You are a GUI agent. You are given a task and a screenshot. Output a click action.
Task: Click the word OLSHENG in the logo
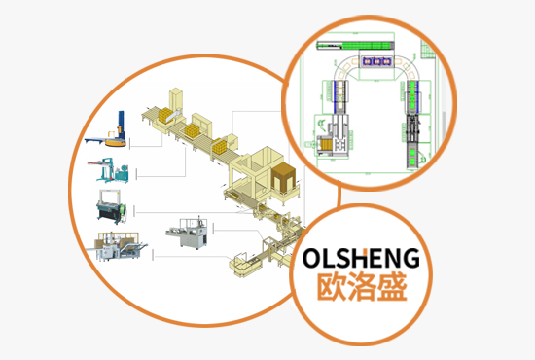(x=361, y=259)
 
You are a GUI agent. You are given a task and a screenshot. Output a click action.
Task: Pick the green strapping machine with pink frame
(x=115, y=171)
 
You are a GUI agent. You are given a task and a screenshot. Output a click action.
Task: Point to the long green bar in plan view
(x=366, y=43)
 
